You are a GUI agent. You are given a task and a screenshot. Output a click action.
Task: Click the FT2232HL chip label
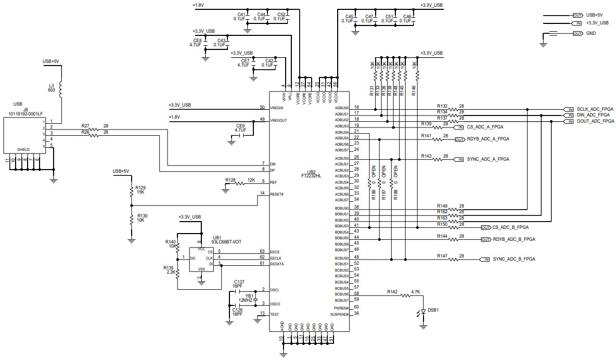[311, 176]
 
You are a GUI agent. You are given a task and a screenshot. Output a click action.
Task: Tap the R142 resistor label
[392, 292]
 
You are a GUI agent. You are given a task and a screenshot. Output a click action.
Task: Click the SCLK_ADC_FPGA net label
[595, 109]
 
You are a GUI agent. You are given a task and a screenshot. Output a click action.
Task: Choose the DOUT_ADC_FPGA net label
[595, 121]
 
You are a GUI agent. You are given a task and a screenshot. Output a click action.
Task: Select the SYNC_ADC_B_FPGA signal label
[514, 259]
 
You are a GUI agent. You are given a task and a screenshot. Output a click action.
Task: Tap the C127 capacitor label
[239, 281]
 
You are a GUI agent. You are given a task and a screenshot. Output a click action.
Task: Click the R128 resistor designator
[230, 179]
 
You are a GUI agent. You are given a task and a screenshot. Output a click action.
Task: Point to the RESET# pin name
[277, 194]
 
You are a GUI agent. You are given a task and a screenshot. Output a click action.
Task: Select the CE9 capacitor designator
[240, 126]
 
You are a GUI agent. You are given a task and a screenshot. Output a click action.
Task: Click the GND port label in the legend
[591, 33]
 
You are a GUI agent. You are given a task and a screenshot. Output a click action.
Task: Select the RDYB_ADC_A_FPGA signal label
[488, 139]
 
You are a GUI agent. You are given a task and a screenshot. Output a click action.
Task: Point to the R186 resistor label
[373, 195]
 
